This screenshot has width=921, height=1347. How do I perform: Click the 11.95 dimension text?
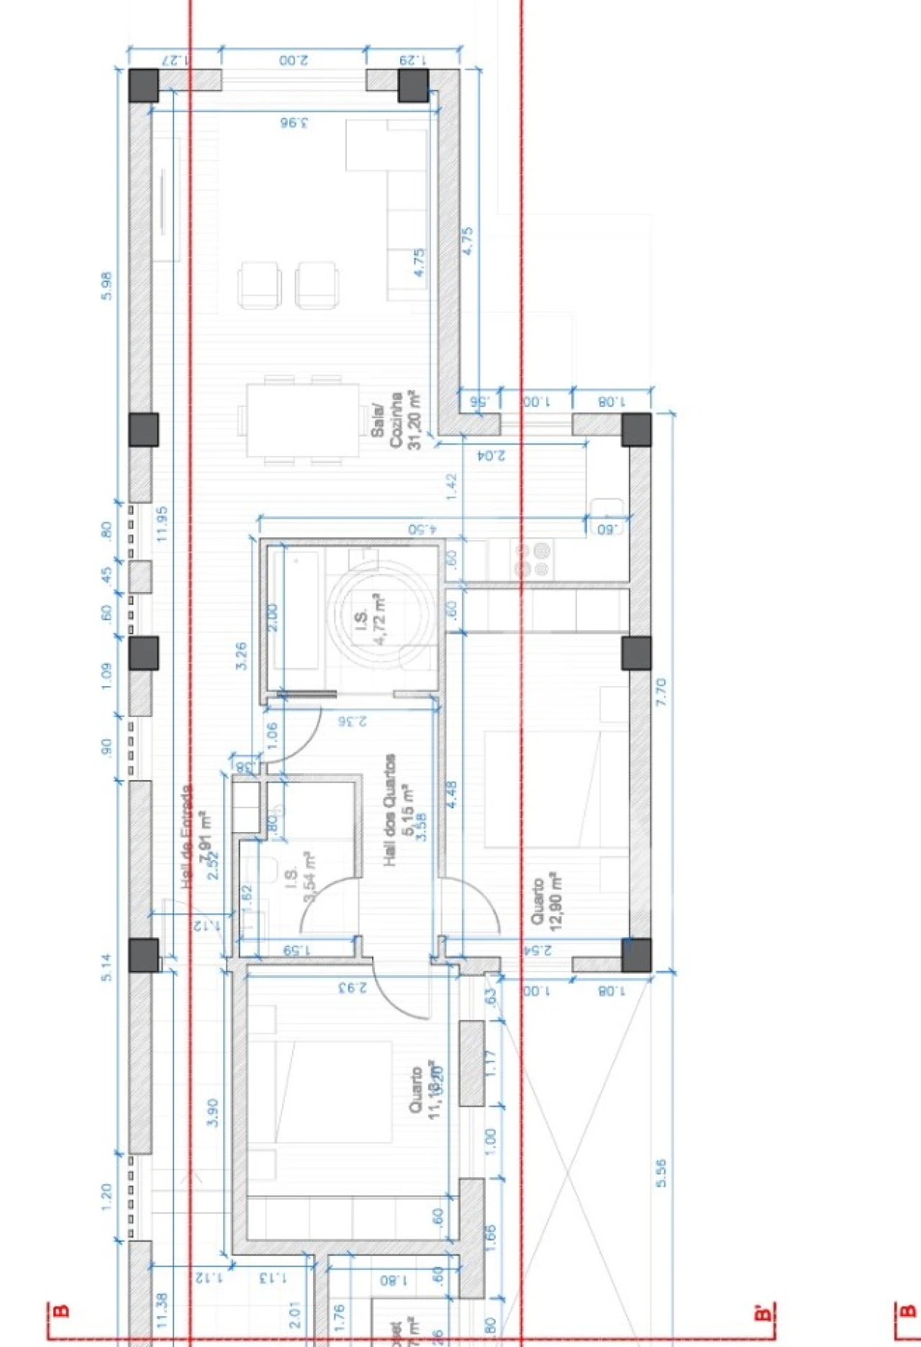click(161, 524)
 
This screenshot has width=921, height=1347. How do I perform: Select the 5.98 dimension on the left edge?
click(106, 286)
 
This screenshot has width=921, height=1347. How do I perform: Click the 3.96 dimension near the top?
click(294, 123)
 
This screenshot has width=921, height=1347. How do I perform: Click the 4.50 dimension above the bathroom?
click(422, 529)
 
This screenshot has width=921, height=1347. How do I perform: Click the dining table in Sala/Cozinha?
click(302, 421)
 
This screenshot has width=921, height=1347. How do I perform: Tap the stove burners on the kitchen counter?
click(533, 560)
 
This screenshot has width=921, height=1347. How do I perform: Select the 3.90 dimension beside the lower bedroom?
click(212, 1112)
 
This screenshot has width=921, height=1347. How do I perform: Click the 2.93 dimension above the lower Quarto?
click(353, 987)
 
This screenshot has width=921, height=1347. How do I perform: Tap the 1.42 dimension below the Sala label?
click(451, 486)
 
